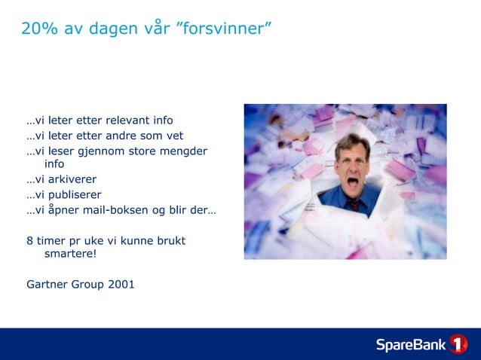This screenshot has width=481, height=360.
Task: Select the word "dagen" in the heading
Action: tap(114, 29)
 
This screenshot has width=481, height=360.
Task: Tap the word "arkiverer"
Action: tap(72, 179)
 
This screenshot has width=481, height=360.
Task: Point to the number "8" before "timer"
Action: tap(29, 240)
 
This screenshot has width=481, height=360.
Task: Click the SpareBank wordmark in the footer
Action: tap(411, 344)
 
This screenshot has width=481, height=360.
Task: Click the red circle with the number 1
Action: tap(458, 344)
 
